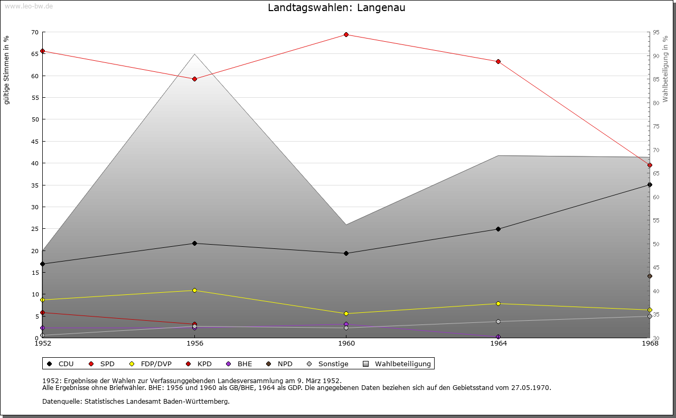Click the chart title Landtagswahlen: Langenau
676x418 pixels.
pos(336,8)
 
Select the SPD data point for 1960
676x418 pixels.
pos(346,35)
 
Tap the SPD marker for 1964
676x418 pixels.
pos(498,62)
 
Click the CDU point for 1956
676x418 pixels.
pos(194,244)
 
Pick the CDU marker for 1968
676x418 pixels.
pos(650,185)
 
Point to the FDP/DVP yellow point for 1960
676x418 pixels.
pos(346,314)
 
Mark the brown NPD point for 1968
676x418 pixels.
pos(650,276)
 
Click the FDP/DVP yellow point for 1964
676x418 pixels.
pos(498,304)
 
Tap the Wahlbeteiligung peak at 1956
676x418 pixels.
pos(194,54)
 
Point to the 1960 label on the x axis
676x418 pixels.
pos(346,343)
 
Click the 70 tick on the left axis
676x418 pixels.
pos(35,32)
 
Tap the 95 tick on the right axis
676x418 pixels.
pos(656,32)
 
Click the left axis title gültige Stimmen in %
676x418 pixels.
pos(7,70)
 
